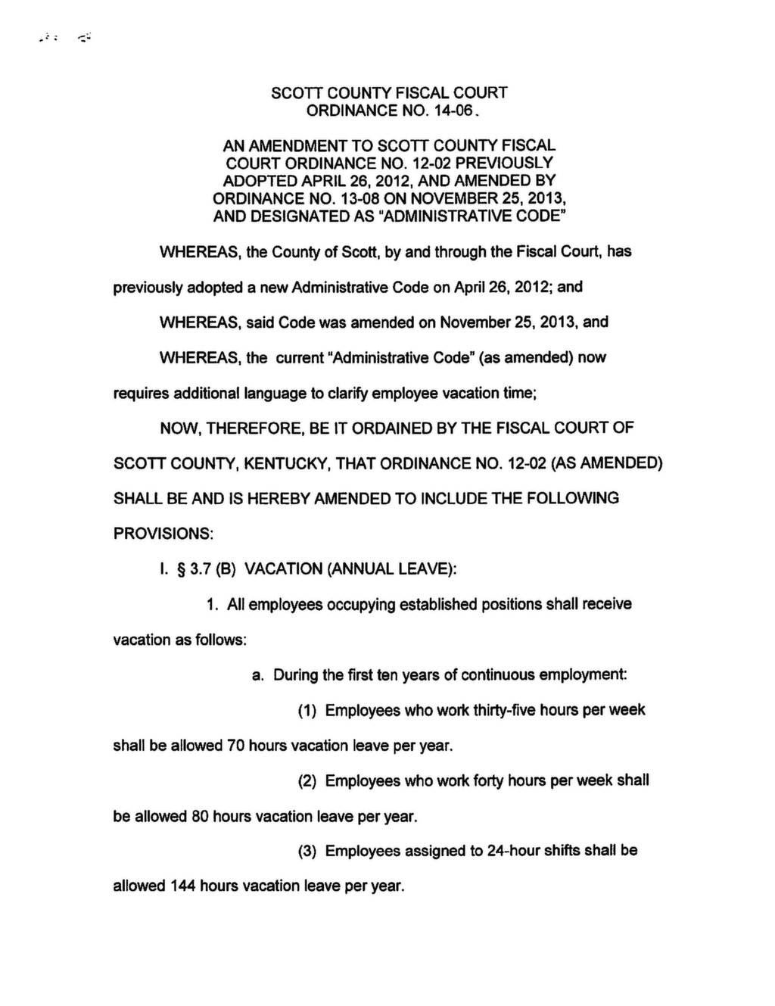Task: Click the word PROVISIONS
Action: (x=163, y=534)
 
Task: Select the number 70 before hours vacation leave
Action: (x=235, y=746)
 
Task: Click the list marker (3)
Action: (x=306, y=852)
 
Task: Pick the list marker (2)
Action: (x=306, y=781)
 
